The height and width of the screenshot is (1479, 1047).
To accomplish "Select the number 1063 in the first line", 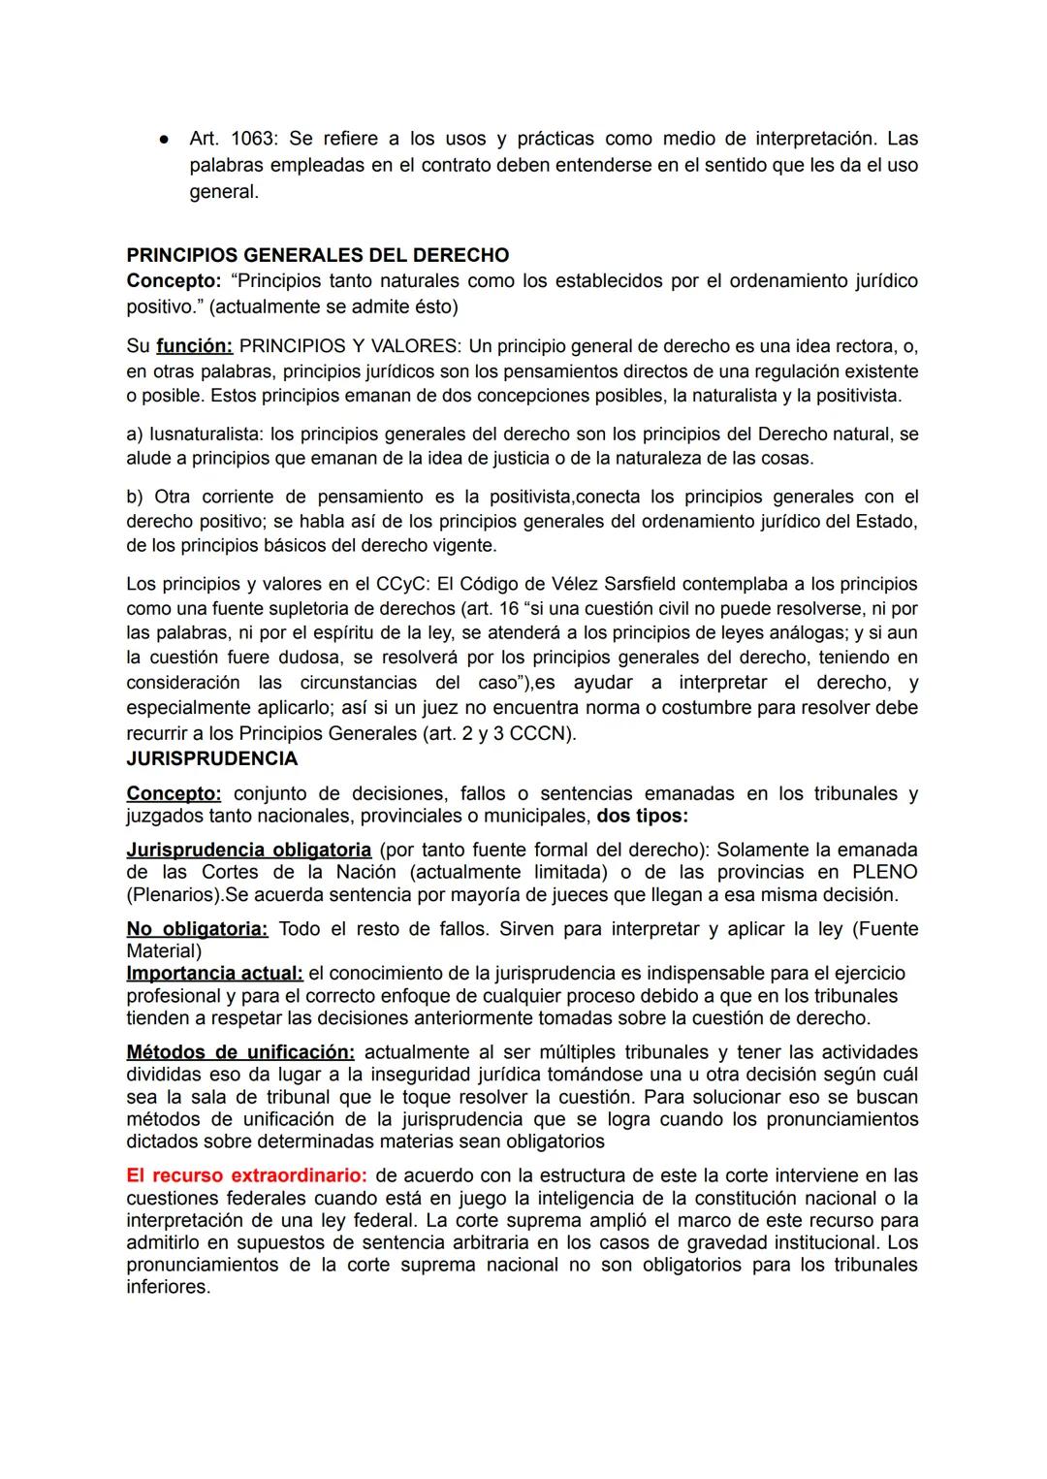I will point(254,140).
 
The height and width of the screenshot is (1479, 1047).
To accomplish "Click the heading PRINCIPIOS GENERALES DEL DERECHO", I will point(318,256).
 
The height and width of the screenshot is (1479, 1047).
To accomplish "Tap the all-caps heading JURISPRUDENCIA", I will point(212,758).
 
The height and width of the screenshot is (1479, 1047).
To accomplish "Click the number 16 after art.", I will point(509,609).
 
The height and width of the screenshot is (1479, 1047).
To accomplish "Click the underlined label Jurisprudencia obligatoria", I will point(249,850).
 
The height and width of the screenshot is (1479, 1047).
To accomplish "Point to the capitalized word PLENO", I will point(884,872).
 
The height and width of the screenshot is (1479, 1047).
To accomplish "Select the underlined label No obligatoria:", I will point(197,929).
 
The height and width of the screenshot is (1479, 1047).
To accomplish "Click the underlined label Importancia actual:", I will point(215,973).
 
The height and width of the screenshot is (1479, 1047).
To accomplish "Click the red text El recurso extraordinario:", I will point(246,1175).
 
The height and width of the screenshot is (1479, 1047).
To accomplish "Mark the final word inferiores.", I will point(168,1287).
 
